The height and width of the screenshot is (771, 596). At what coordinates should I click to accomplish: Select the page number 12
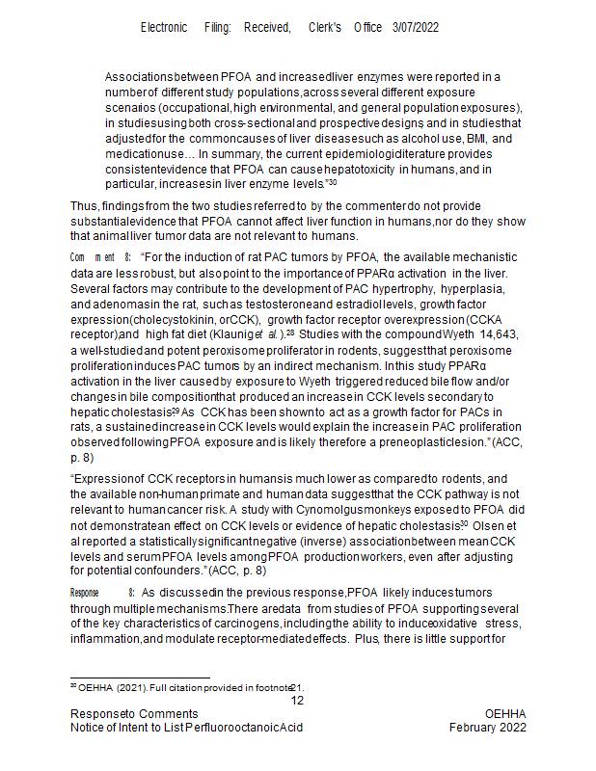click(298, 701)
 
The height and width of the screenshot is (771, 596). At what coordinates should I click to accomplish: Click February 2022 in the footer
click(488, 728)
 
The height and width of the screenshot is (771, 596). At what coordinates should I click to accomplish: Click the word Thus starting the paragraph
click(84, 205)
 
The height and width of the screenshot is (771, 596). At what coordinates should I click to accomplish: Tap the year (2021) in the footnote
click(133, 686)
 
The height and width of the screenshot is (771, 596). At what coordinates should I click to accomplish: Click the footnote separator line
click(140, 677)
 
